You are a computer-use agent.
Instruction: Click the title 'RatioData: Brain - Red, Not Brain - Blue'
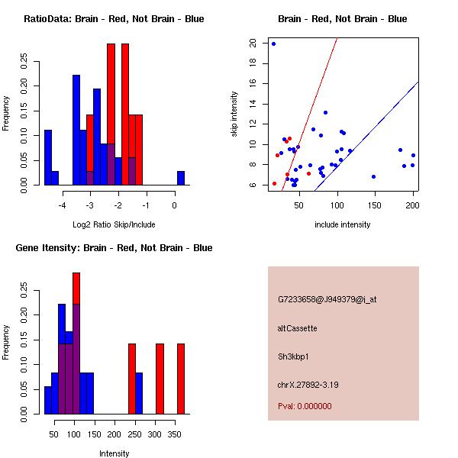pyautogui.click(x=114, y=19)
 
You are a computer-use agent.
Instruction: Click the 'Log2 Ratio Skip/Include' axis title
pyautogui.click(x=113, y=225)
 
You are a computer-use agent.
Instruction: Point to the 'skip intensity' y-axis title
pyautogui.click(x=234, y=115)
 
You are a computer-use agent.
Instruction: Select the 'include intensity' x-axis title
pyautogui.click(x=343, y=225)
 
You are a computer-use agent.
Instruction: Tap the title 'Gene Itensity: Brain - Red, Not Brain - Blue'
pyautogui.click(x=114, y=248)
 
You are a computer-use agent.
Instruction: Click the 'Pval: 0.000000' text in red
pyautogui.click(x=305, y=407)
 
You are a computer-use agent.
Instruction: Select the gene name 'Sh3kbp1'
pyautogui.click(x=294, y=356)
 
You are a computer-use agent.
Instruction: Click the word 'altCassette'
pyautogui.click(x=298, y=328)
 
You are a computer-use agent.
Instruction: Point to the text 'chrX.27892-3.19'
pyautogui.click(x=308, y=385)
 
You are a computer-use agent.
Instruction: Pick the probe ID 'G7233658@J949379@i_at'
pyautogui.click(x=327, y=299)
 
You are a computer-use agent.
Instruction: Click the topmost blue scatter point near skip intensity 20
pyautogui.click(x=273, y=44)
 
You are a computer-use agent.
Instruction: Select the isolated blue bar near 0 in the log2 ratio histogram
pyautogui.click(x=181, y=178)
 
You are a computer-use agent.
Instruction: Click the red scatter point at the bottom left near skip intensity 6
pyautogui.click(x=274, y=183)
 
